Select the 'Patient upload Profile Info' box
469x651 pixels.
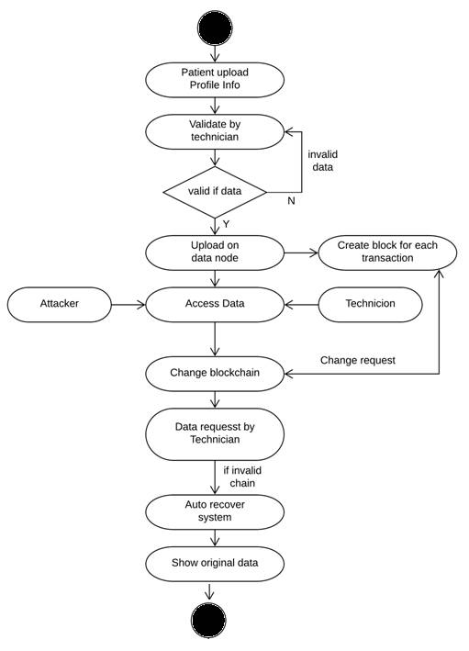tap(215, 78)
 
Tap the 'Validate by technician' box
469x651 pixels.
tap(215, 130)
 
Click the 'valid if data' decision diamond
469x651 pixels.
tap(215, 192)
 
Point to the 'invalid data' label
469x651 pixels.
tap(322, 163)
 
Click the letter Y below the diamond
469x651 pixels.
tap(226, 224)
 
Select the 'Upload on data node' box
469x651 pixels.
tap(215, 252)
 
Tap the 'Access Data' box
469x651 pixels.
tap(215, 303)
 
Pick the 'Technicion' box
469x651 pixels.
tap(370, 303)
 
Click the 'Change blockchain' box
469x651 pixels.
tap(215, 373)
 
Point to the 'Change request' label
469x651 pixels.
tap(357, 360)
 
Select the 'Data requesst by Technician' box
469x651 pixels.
tap(215, 433)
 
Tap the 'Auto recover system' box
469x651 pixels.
tap(215, 511)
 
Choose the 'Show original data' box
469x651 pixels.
tap(215, 562)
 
